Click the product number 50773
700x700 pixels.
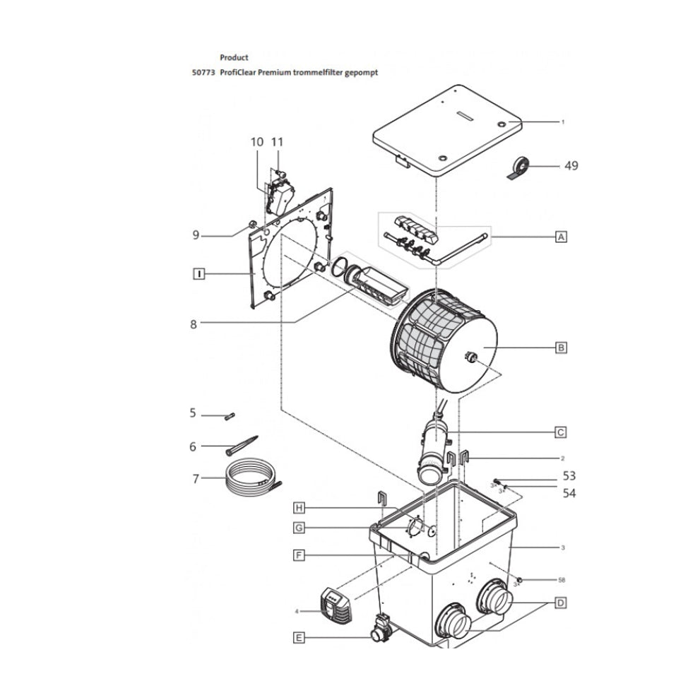[203, 72]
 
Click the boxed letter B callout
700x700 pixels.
[561, 348]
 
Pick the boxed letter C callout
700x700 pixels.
[561, 432]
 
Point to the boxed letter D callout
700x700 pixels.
[561, 603]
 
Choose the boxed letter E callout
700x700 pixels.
[299, 637]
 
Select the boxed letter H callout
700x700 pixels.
[299, 508]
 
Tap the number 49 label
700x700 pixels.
[571, 166]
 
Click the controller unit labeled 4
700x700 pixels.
[337, 605]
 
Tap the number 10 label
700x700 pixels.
[257, 142]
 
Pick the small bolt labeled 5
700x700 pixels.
[228, 416]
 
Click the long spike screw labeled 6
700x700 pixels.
[241, 445]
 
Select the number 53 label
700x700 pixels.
[569, 475]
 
